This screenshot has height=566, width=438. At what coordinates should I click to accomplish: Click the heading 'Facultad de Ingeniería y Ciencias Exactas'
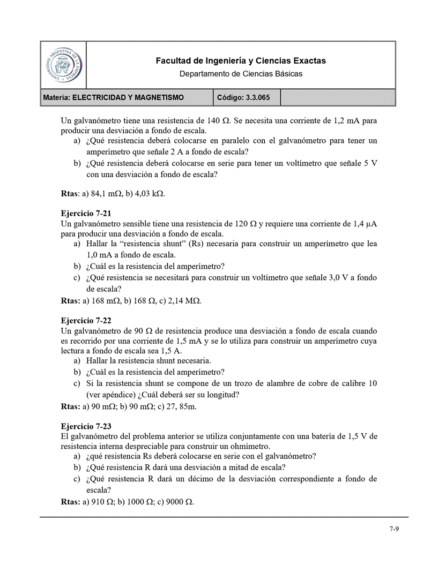240,61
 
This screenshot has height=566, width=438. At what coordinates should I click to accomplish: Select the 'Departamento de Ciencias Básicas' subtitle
241,73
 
